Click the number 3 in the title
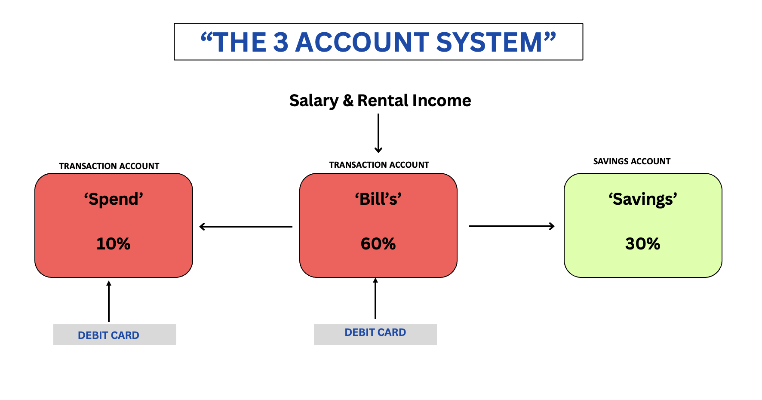click(280, 42)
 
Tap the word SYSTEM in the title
click(489, 42)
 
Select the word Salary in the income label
click(314, 101)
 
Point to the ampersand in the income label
click(348, 101)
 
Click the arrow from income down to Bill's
click(378, 133)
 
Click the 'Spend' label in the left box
click(114, 200)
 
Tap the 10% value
click(114, 244)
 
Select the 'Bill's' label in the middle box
click(378, 199)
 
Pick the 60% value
click(378, 244)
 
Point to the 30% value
click(643, 244)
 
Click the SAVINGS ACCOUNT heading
click(632, 162)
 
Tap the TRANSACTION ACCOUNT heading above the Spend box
click(109, 166)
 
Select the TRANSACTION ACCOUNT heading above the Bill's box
click(379, 165)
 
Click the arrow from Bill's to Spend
click(246, 227)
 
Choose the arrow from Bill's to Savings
click(512, 226)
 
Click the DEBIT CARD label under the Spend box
click(108, 335)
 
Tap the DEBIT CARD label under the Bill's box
click(375, 332)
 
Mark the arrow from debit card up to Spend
click(109, 301)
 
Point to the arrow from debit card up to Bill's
click(375, 298)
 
